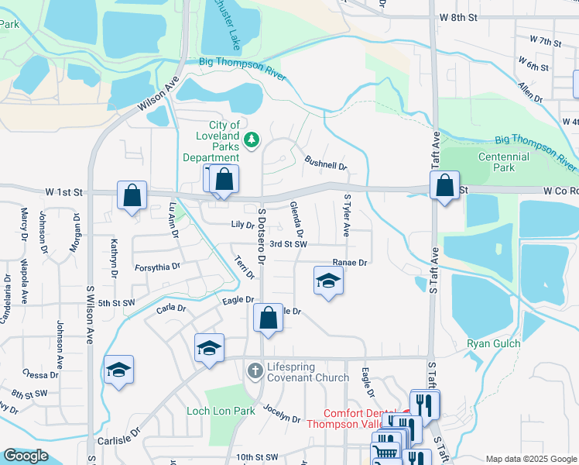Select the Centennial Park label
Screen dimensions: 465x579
[504, 162]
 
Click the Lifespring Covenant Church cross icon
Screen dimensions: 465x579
[255, 371]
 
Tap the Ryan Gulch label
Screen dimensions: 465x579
[493, 343]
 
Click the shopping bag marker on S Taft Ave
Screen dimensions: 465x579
[445, 186]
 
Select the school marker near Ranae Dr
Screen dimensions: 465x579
[327, 281]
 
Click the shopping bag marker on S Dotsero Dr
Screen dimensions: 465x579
[268, 319]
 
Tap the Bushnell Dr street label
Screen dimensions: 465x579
[326, 164]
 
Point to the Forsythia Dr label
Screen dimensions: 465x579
[157, 266]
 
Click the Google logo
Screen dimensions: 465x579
[26, 456]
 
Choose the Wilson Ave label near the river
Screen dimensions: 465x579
[158, 95]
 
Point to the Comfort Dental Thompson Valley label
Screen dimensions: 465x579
[354, 418]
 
